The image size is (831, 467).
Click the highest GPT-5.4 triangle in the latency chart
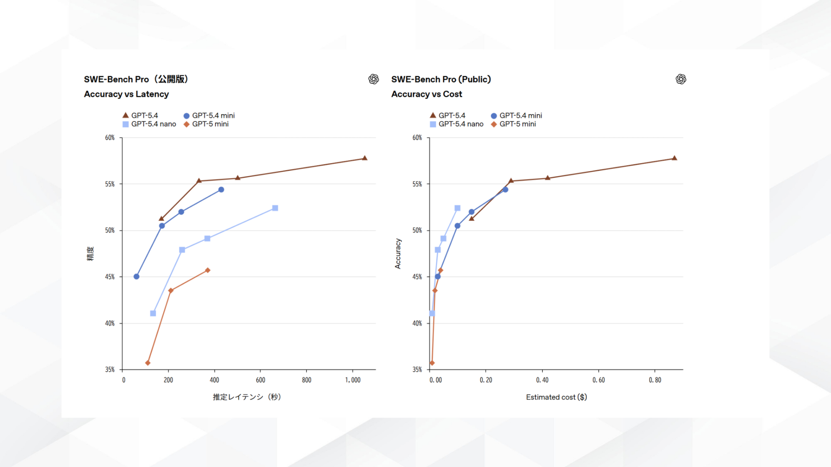pyautogui.click(x=364, y=158)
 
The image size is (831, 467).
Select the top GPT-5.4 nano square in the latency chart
pyautogui.click(x=275, y=208)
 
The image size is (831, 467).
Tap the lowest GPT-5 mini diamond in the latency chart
pyautogui.click(x=148, y=363)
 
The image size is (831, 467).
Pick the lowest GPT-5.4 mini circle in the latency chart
pyautogui.click(x=136, y=276)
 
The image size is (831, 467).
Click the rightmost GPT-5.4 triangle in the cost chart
pyautogui.click(x=674, y=158)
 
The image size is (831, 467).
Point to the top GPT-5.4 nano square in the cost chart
pyautogui.click(x=457, y=208)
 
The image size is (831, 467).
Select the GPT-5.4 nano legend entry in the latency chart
pyautogui.click(x=149, y=124)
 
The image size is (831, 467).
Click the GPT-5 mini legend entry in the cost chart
pyautogui.click(x=513, y=124)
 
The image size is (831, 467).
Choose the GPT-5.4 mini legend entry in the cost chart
pyautogui.click(x=516, y=115)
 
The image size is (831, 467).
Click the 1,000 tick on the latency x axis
pyautogui.click(x=353, y=380)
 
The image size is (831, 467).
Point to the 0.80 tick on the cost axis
pyautogui.click(x=655, y=380)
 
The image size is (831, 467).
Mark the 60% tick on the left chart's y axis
pyautogui.click(x=110, y=138)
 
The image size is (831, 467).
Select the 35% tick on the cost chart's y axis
pyautogui.click(x=417, y=370)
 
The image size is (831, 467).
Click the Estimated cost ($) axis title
pyautogui.click(x=556, y=397)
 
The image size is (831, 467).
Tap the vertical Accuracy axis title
pyautogui.click(x=398, y=253)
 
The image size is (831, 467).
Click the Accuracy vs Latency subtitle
pyautogui.click(x=126, y=94)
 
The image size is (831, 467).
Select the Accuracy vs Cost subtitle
pyautogui.click(x=426, y=94)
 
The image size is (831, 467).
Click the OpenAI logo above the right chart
pyautogui.click(x=681, y=79)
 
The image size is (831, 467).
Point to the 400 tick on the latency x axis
pyautogui.click(x=214, y=380)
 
